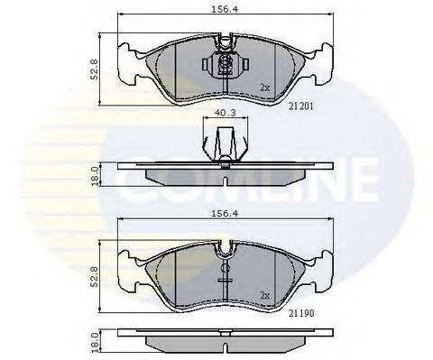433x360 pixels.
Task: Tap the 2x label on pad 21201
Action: tap(263, 88)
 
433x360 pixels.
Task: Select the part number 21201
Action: tap(300, 105)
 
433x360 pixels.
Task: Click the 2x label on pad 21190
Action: tap(263, 294)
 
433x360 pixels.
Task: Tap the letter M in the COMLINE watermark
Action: tap(208, 184)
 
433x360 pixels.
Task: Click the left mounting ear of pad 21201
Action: tap(125, 51)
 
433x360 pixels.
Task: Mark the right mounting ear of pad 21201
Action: tap(318, 51)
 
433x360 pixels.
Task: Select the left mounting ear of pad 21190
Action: tap(125, 257)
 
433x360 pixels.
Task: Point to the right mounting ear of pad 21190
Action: tap(318, 257)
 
